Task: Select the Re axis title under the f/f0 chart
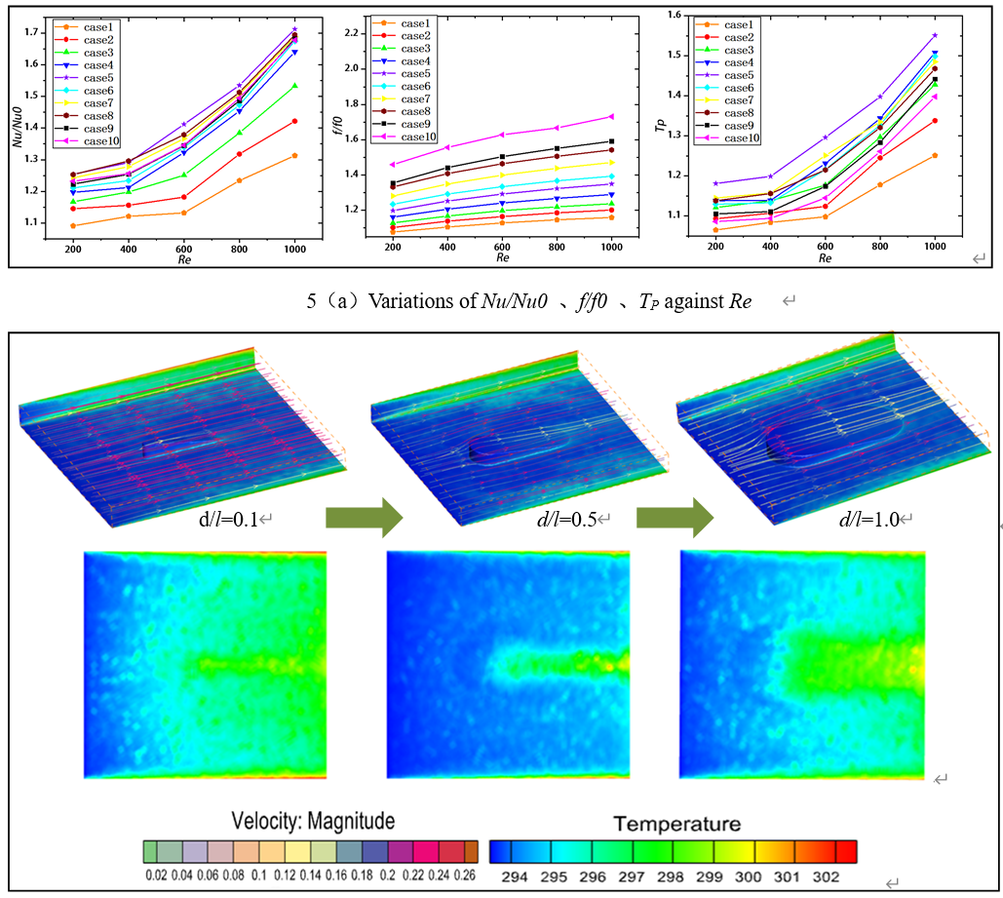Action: click(x=502, y=258)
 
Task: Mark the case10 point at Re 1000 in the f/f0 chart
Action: click(x=611, y=116)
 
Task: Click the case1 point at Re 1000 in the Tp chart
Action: click(x=935, y=155)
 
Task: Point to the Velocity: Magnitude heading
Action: click(x=313, y=821)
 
